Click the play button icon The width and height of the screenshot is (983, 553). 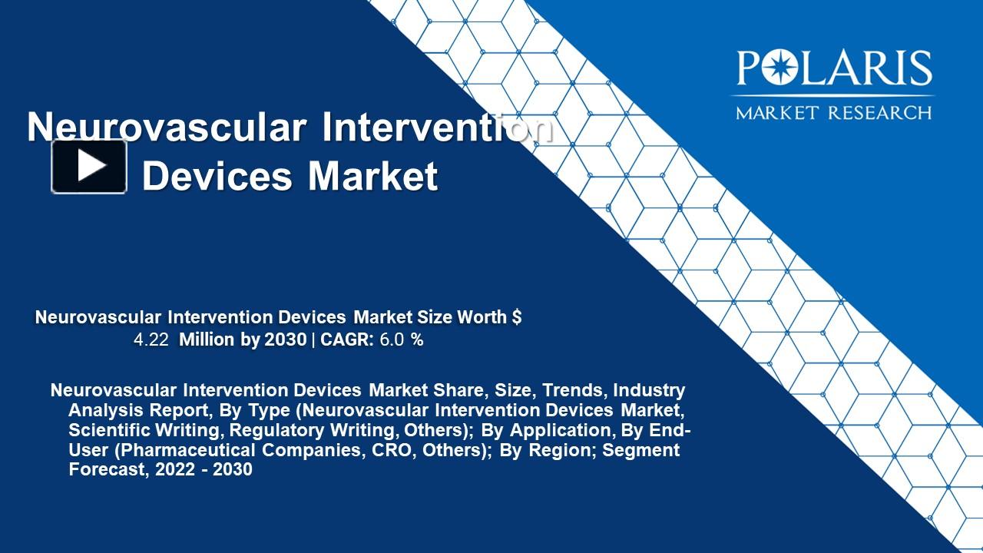point(89,166)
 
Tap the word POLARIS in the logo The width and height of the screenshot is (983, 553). point(834,69)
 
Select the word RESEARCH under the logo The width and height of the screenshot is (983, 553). point(880,112)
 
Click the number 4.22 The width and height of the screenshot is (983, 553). point(151,340)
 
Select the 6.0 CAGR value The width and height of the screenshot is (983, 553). point(392,340)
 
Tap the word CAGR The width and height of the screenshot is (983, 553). point(347,340)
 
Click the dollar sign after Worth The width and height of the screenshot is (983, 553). point(517,317)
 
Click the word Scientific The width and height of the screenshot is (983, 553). point(107,430)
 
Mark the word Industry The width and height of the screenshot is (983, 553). point(649,390)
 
